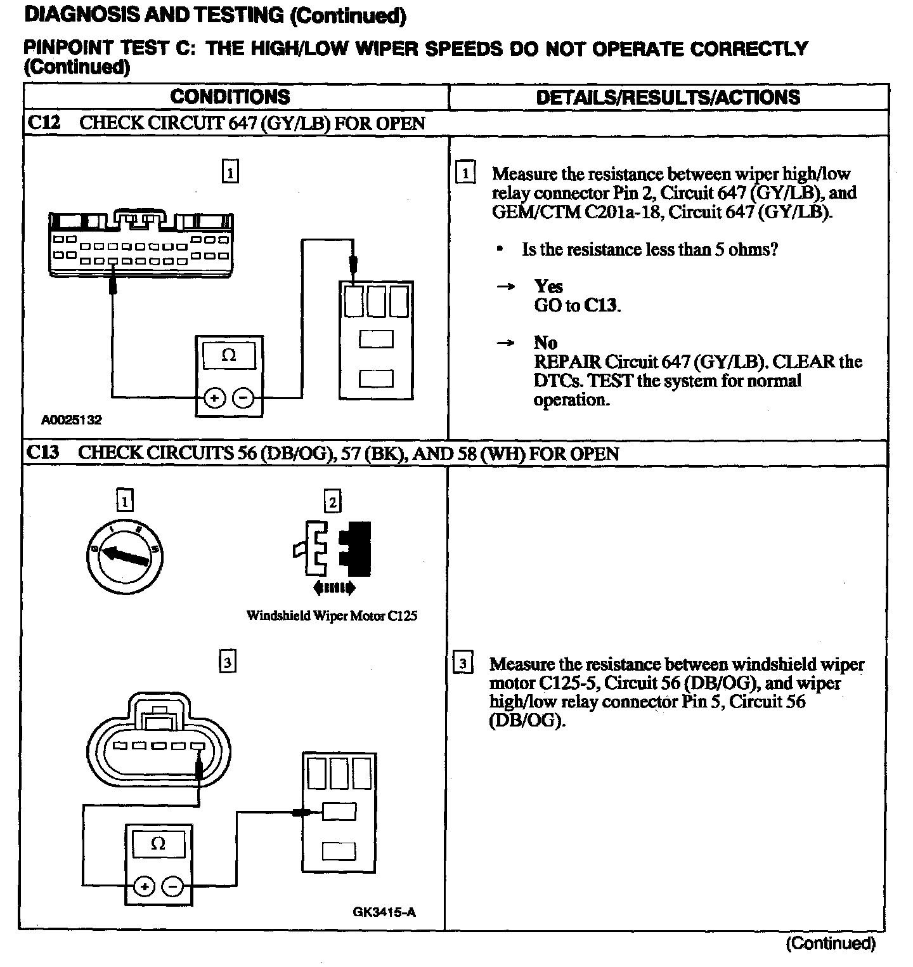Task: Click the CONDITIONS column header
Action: [x=230, y=97]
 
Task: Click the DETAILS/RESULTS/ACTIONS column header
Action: [x=668, y=97]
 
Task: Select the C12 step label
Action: [x=44, y=123]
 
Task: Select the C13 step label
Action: [x=43, y=453]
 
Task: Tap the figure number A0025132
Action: [x=72, y=420]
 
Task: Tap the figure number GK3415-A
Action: [x=384, y=912]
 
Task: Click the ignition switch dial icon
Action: [x=126, y=552]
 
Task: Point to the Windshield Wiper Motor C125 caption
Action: [x=332, y=615]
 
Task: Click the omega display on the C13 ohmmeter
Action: [x=159, y=844]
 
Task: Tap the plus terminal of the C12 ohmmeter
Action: [x=214, y=398]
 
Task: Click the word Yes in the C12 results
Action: [x=548, y=286]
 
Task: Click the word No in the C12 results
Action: [x=545, y=343]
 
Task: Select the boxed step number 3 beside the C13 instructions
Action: [x=463, y=664]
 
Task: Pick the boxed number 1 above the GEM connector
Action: [x=231, y=172]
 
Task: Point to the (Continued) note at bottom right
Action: [x=831, y=944]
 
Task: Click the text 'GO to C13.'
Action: [x=577, y=305]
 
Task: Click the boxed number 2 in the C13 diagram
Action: [x=332, y=502]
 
